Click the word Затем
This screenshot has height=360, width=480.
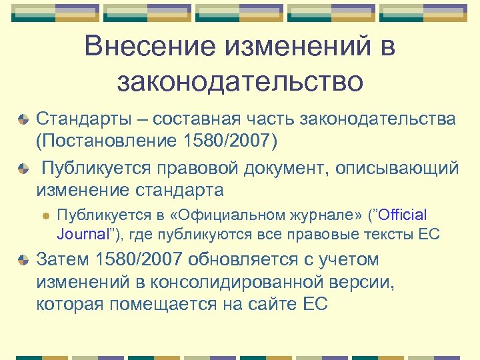pos(63,259)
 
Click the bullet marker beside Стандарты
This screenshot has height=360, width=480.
pos(23,120)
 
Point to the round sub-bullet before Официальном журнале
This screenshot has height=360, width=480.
pos(46,216)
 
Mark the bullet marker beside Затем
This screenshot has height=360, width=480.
pos(23,260)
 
